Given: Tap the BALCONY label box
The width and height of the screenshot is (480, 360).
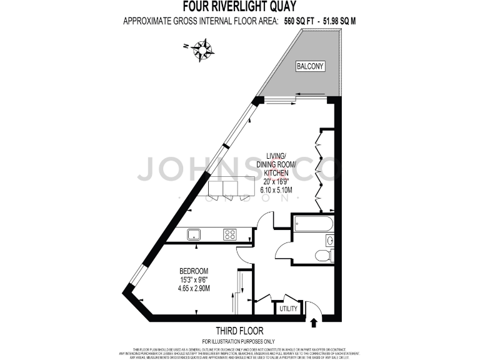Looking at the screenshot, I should [309, 66].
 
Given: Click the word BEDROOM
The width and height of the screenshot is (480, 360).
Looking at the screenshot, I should [194, 271].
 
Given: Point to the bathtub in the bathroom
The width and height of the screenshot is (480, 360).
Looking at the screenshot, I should [312, 224].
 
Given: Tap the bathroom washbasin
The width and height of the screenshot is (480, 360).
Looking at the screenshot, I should [329, 241].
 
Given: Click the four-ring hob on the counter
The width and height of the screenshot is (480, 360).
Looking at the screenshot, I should [229, 235].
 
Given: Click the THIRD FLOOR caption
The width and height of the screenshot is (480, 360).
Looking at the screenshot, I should [239, 331].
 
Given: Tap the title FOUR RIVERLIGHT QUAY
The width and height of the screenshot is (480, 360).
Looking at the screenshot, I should [239, 7].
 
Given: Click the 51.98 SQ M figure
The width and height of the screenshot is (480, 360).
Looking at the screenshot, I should [340, 21].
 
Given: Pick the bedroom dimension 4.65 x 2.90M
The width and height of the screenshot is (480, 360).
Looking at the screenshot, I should [194, 289].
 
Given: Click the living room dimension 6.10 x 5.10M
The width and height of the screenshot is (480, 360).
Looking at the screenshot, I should [276, 190].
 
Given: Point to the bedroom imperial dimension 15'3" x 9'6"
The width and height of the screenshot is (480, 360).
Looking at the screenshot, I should [194, 280].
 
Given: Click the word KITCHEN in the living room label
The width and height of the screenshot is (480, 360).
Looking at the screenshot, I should [276, 172].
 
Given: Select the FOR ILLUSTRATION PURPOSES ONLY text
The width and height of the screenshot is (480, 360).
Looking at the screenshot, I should [239, 341].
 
